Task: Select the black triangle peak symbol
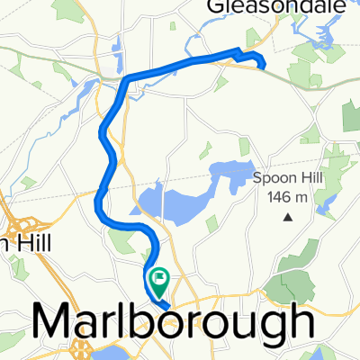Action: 288,217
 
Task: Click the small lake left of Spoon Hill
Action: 229,170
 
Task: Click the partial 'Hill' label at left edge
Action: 18,244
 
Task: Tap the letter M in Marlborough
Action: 53,322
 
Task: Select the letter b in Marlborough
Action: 163,322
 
